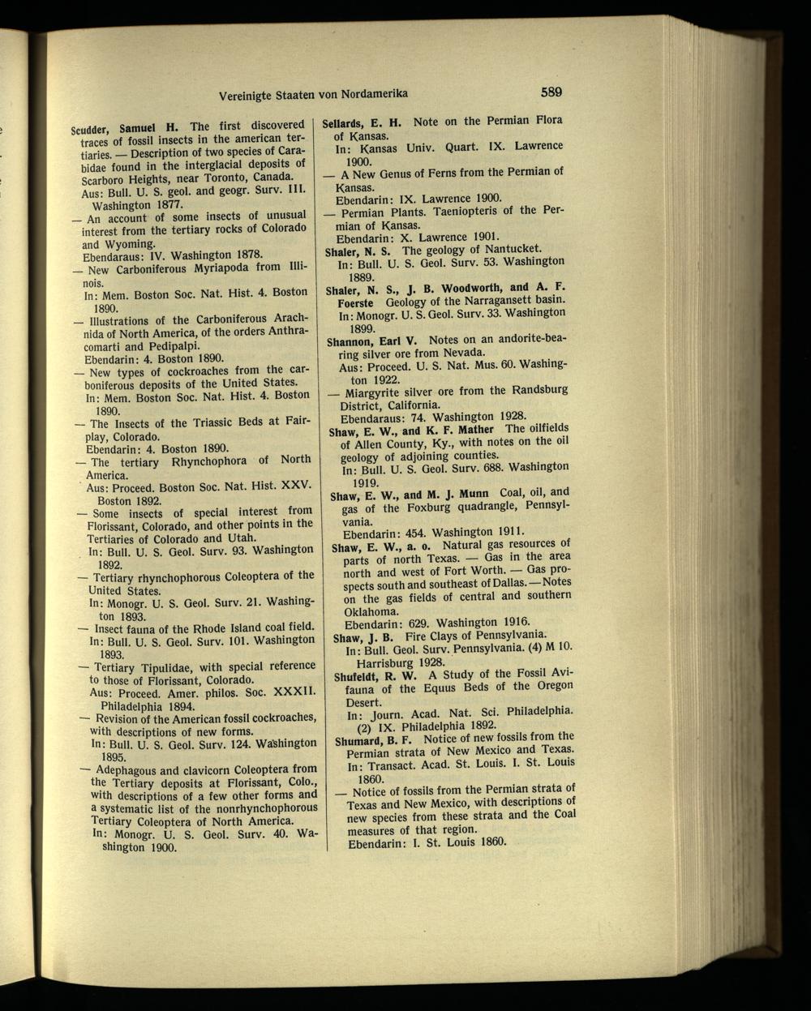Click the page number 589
click(x=548, y=91)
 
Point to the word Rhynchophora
click(x=207, y=461)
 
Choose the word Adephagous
click(x=131, y=769)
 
